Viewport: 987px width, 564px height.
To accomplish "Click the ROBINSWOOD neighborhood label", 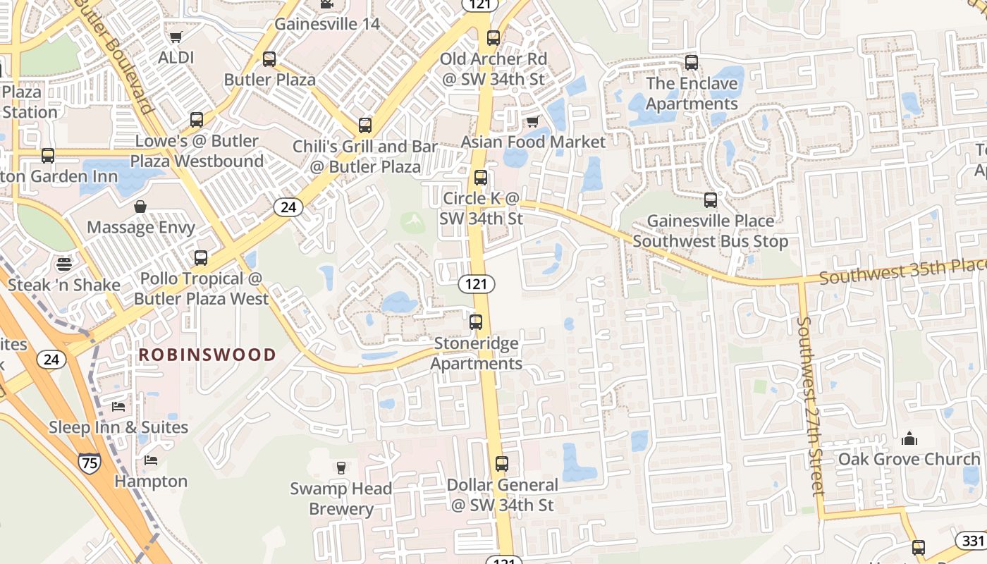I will coord(207,355).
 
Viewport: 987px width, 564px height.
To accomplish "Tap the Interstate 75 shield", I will coord(89,463).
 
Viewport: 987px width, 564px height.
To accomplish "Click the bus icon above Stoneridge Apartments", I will coord(477,322).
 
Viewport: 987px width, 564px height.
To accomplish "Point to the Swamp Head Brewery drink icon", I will coord(341,467).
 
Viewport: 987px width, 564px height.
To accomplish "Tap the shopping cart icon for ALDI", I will coord(176,37).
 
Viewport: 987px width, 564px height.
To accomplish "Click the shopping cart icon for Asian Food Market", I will coord(533,122).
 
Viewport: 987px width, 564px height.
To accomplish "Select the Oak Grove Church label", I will coord(909,460).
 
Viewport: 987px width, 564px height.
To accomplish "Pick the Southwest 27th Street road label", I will coord(810,405).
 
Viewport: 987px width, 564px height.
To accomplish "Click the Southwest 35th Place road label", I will coord(902,271).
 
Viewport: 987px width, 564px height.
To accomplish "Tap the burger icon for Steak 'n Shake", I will coord(64,264).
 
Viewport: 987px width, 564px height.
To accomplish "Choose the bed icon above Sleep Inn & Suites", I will coord(118,407).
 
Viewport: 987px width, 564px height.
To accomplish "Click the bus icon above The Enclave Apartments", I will coord(692,63).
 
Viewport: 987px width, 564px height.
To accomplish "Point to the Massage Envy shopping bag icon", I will coord(140,207).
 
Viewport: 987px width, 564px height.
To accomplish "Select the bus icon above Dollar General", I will coord(502,464).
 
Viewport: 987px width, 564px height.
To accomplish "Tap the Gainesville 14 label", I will coord(327,24).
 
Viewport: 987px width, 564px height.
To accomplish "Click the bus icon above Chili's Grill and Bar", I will coord(365,125).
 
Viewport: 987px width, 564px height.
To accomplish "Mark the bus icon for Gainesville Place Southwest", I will coord(711,200).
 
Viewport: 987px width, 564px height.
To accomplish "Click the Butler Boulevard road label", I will coord(113,56).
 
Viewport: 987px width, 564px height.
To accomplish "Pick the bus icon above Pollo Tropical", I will coord(201,258).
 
